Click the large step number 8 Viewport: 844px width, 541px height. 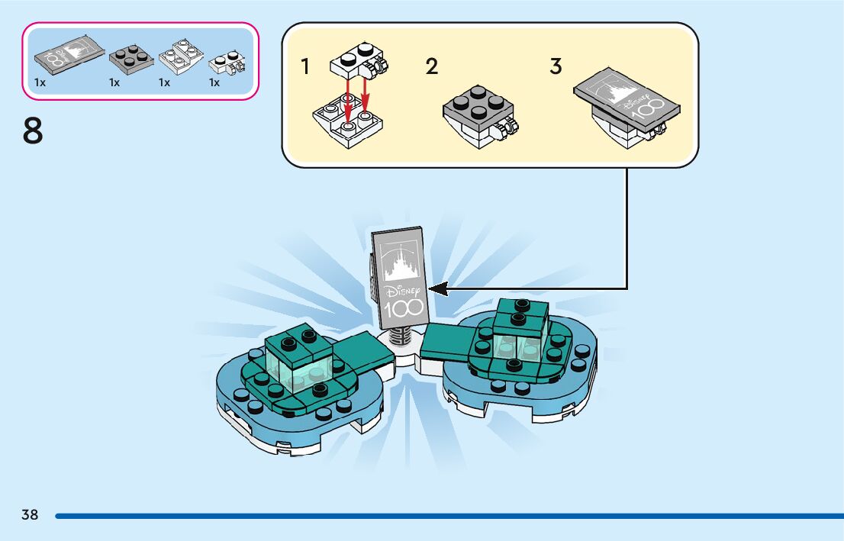tap(33, 130)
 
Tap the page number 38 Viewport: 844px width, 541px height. tap(30, 515)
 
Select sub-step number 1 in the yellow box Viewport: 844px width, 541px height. tap(305, 67)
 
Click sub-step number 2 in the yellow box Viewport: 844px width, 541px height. tap(432, 67)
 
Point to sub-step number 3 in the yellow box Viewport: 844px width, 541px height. tap(556, 67)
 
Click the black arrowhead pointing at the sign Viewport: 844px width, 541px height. tap(437, 288)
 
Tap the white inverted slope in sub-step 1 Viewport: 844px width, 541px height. tap(347, 122)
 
